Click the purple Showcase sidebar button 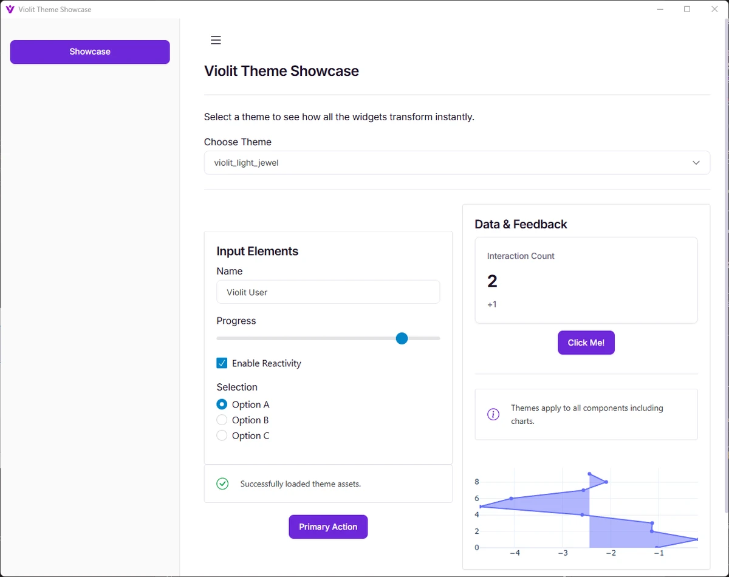pyautogui.click(x=90, y=52)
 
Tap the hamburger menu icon pyautogui.click(x=216, y=40)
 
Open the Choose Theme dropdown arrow pyautogui.click(x=696, y=163)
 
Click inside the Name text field pyautogui.click(x=328, y=292)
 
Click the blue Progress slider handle pyautogui.click(x=402, y=338)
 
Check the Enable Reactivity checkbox pyautogui.click(x=222, y=363)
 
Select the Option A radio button pyautogui.click(x=222, y=405)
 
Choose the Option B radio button pyautogui.click(x=222, y=420)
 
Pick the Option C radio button pyautogui.click(x=222, y=435)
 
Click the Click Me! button pyautogui.click(x=586, y=343)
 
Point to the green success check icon pyautogui.click(x=222, y=483)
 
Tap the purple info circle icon pyautogui.click(x=493, y=414)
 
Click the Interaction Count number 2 pyautogui.click(x=492, y=281)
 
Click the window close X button pyautogui.click(x=714, y=9)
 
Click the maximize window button pyautogui.click(x=687, y=9)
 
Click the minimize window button pyautogui.click(x=660, y=9)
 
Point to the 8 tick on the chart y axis pyautogui.click(x=477, y=482)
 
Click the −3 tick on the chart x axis pyautogui.click(x=563, y=553)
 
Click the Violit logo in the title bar pyautogui.click(x=10, y=9)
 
